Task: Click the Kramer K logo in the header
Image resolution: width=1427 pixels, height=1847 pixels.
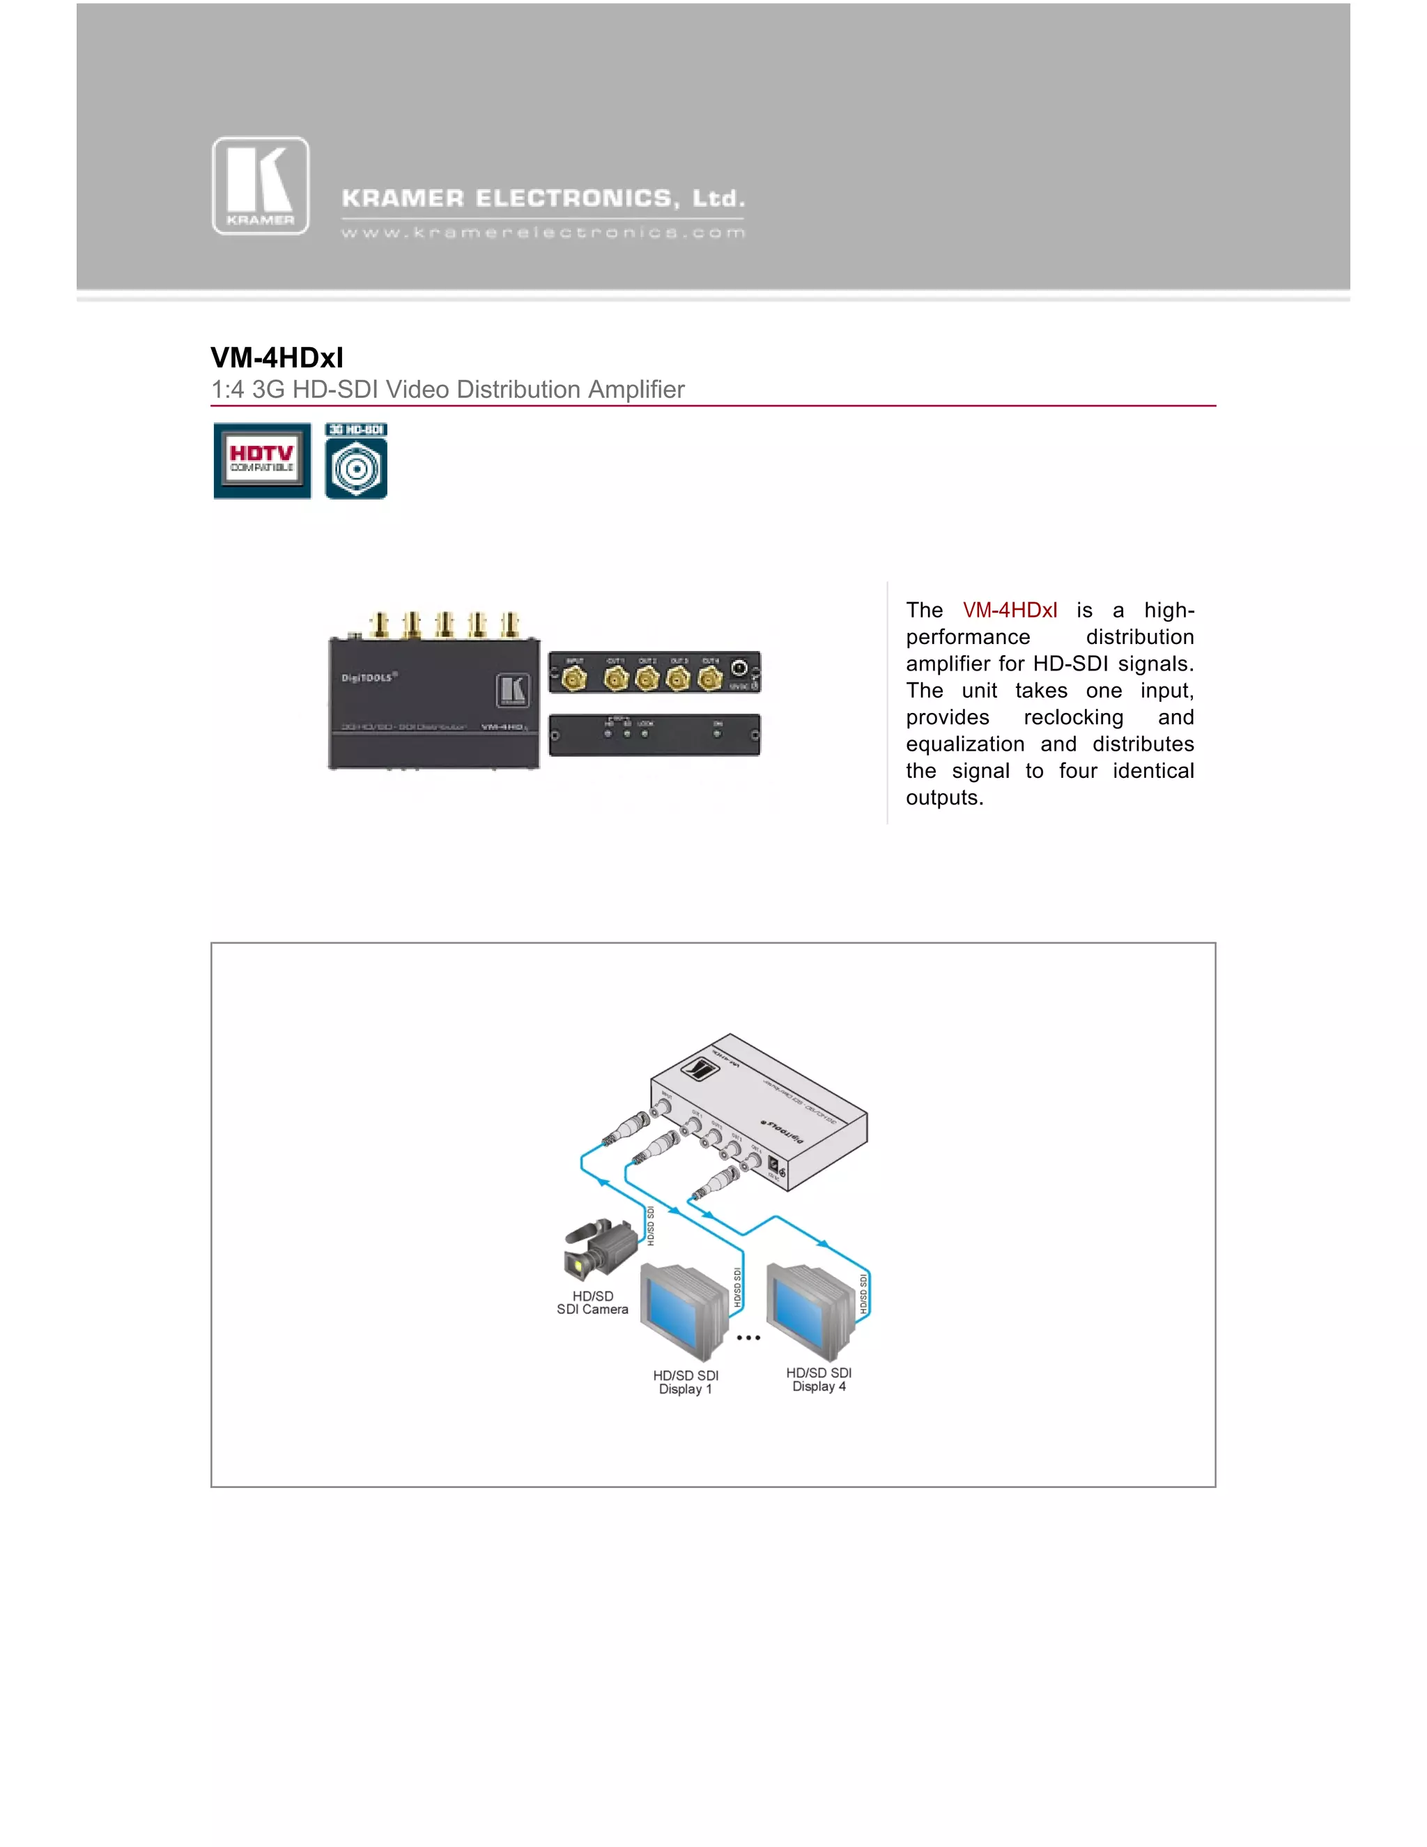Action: coord(261,185)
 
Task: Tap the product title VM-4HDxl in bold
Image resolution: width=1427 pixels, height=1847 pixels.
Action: coord(277,358)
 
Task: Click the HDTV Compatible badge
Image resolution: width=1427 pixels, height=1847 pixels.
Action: coord(262,461)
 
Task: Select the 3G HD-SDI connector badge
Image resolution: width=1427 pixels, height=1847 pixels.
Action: coord(356,461)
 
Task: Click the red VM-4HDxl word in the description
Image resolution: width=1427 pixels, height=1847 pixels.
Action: coord(1010,611)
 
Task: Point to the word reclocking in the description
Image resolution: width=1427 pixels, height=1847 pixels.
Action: coord(1073,717)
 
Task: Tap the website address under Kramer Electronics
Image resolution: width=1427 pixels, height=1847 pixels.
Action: coord(543,233)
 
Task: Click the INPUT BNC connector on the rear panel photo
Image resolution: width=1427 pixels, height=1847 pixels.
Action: coord(575,678)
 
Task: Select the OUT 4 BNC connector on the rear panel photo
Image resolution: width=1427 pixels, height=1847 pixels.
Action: coord(710,678)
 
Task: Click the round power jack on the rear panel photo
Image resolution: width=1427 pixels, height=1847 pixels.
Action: coord(739,668)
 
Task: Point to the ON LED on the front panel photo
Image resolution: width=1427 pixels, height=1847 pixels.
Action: coord(717,733)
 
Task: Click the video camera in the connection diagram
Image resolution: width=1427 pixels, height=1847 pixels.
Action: coord(599,1248)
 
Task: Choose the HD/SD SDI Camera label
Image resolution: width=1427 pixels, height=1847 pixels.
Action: coord(593,1303)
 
